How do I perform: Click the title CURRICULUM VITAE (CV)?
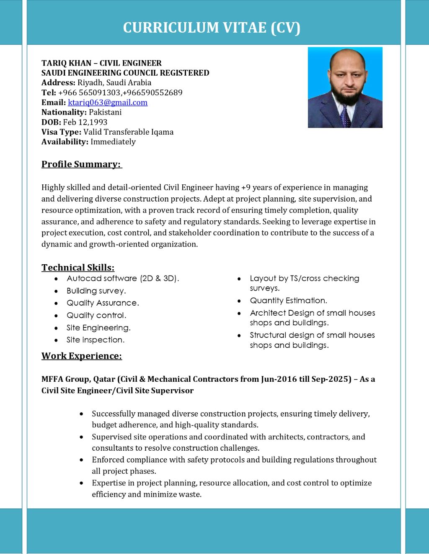click(212, 28)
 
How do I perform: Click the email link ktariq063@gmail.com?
click(108, 102)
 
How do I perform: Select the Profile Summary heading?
click(81, 164)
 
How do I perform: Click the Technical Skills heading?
click(78, 268)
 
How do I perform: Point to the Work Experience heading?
click(82, 356)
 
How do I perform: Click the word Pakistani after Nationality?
click(105, 112)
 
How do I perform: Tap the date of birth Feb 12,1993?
click(85, 122)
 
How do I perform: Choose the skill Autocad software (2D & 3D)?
click(123, 278)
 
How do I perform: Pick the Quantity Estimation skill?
click(288, 301)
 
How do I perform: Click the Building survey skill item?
click(96, 291)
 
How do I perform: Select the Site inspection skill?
click(96, 340)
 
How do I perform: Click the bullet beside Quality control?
click(56, 316)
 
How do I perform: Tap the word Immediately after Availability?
click(113, 142)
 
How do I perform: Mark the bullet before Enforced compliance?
click(81, 460)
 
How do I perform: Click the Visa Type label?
click(61, 132)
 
